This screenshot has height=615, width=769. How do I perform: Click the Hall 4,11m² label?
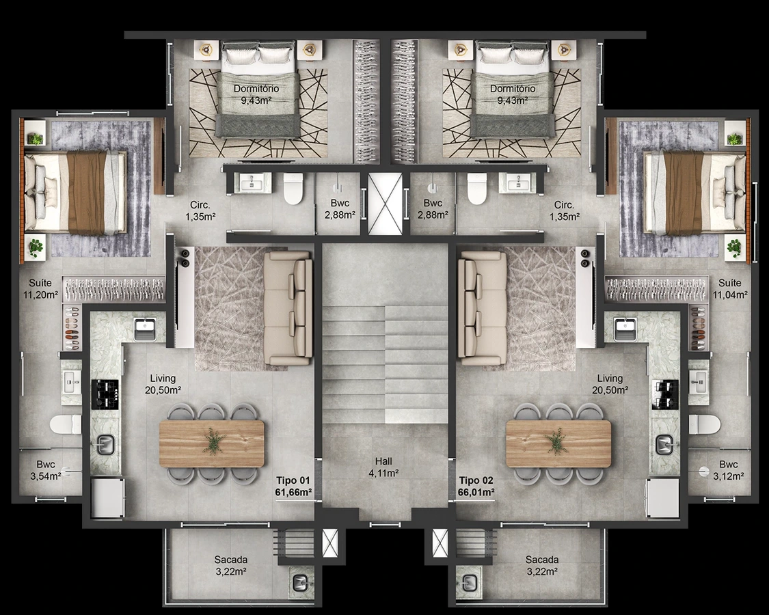(383, 467)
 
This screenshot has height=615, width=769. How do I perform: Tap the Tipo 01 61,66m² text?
(294, 487)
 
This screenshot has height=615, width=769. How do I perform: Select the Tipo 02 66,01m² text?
(476, 487)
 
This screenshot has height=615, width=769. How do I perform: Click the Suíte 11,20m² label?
(41, 289)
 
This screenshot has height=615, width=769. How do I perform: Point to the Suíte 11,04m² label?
(730, 289)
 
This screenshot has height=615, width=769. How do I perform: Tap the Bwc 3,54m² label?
(46, 470)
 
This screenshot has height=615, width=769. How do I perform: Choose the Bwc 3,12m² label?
(728, 470)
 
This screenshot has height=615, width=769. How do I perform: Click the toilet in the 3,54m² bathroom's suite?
(66, 424)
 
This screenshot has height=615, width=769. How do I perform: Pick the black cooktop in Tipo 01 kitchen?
(105, 394)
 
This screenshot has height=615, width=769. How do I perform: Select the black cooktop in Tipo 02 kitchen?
(665, 394)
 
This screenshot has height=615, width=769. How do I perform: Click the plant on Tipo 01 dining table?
(213, 440)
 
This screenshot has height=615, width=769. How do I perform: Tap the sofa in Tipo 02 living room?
(482, 308)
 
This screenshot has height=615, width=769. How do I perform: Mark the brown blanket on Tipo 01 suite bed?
(86, 192)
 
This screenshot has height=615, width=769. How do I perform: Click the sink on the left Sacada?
(300, 582)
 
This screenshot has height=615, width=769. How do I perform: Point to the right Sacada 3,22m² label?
(542, 565)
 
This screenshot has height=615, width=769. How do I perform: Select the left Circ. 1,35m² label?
(200, 210)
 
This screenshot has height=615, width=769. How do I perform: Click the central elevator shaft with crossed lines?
(384, 204)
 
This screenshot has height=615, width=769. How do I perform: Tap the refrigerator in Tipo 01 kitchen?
(107, 497)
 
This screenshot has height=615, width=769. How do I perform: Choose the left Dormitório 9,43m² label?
(256, 94)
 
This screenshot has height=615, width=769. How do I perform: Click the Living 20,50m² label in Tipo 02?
(610, 384)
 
